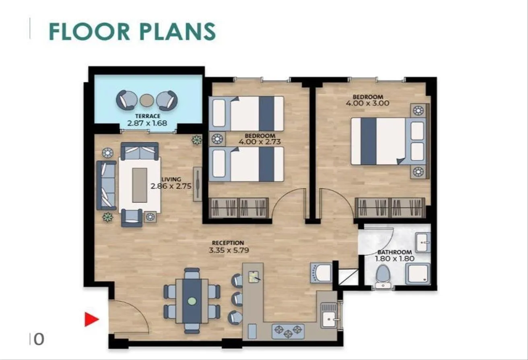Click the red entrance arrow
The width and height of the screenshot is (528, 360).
(x=91, y=319)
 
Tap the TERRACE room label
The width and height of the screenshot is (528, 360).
(x=148, y=116)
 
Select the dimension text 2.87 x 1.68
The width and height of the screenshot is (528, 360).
(x=147, y=123)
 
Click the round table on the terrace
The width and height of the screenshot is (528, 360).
(x=146, y=100)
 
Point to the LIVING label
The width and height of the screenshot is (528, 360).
(x=171, y=179)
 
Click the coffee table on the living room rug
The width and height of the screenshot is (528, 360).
(x=140, y=185)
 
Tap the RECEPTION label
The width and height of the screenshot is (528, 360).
(x=228, y=243)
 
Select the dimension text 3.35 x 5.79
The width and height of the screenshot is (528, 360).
(x=229, y=250)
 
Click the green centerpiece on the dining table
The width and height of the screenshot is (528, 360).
(x=192, y=301)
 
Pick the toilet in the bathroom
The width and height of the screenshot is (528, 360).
(x=383, y=276)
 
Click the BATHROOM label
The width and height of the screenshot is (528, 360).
(x=394, y=252)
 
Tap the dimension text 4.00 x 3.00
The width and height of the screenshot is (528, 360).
(x=367, y=103)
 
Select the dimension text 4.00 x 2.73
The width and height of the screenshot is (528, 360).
(x=260, y=142)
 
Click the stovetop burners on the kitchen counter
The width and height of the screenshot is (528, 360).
(x=288, y=331)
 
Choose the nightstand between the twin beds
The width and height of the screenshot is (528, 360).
(x=217, y=139)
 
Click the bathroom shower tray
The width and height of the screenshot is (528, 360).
(x=418, y=274)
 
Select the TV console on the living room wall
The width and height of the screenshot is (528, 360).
(x=198, y=184)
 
